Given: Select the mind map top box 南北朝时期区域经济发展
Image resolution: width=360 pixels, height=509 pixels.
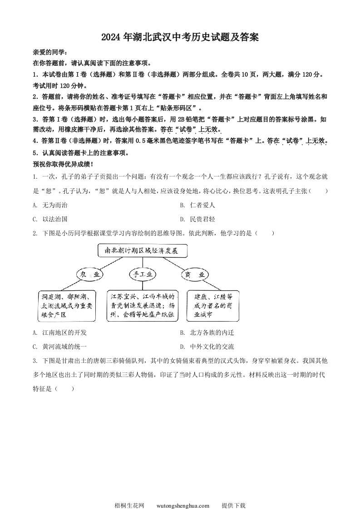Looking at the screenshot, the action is tap(143, 250).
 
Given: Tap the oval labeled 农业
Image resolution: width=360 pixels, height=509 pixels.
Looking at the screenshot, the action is tap(90, 274).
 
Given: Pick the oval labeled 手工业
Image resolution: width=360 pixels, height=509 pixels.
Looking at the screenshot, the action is tap(143, 274).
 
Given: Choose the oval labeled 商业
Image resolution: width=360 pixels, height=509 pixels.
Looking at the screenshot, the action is tap(196, 274).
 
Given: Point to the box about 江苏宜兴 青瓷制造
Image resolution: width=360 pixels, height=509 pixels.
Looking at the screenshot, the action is tap(143, 305).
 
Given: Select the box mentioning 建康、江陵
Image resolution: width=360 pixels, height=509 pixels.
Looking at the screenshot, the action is tap(213, 305).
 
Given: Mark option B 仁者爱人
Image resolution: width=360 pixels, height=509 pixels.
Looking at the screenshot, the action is tap(197, 205).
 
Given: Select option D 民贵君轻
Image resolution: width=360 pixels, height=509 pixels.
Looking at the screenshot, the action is tap(197, 219).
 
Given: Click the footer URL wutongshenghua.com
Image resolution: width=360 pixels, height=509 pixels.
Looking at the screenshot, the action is tap(182, 493).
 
